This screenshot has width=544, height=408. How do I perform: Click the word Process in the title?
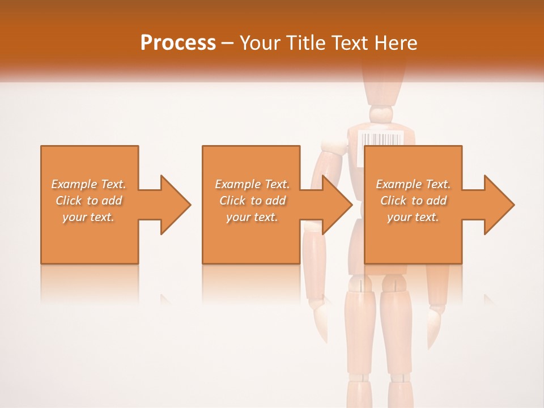[178, 43]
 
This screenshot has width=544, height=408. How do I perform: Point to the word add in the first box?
[112, 201]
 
